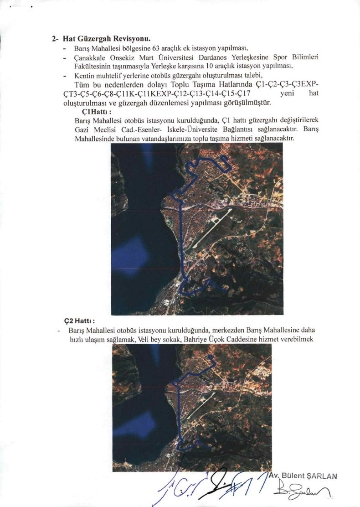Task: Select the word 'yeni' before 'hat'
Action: click(289, 94)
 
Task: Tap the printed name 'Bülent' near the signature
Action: click(293, 476)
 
